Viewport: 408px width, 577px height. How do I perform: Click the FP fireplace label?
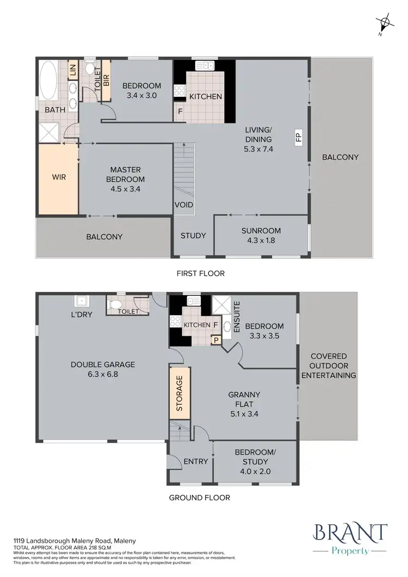click(x=298, y=138)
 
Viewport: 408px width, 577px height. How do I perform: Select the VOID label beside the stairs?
click(x=182, y=205)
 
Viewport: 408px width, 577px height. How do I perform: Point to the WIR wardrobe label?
click(x=59, y=177)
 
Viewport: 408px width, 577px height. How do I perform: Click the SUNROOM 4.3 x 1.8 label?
click(x=261, y=234)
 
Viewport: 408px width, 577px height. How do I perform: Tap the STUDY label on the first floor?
click(x=193, y=235)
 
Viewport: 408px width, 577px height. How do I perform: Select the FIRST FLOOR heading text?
click(x=201, y=274)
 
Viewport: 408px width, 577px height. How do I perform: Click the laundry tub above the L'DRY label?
click(x=82, y=301)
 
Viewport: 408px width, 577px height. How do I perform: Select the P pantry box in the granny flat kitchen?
click(x=216, y=340)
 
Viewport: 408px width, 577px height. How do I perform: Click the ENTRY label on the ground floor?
click(x=196, y=461)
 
